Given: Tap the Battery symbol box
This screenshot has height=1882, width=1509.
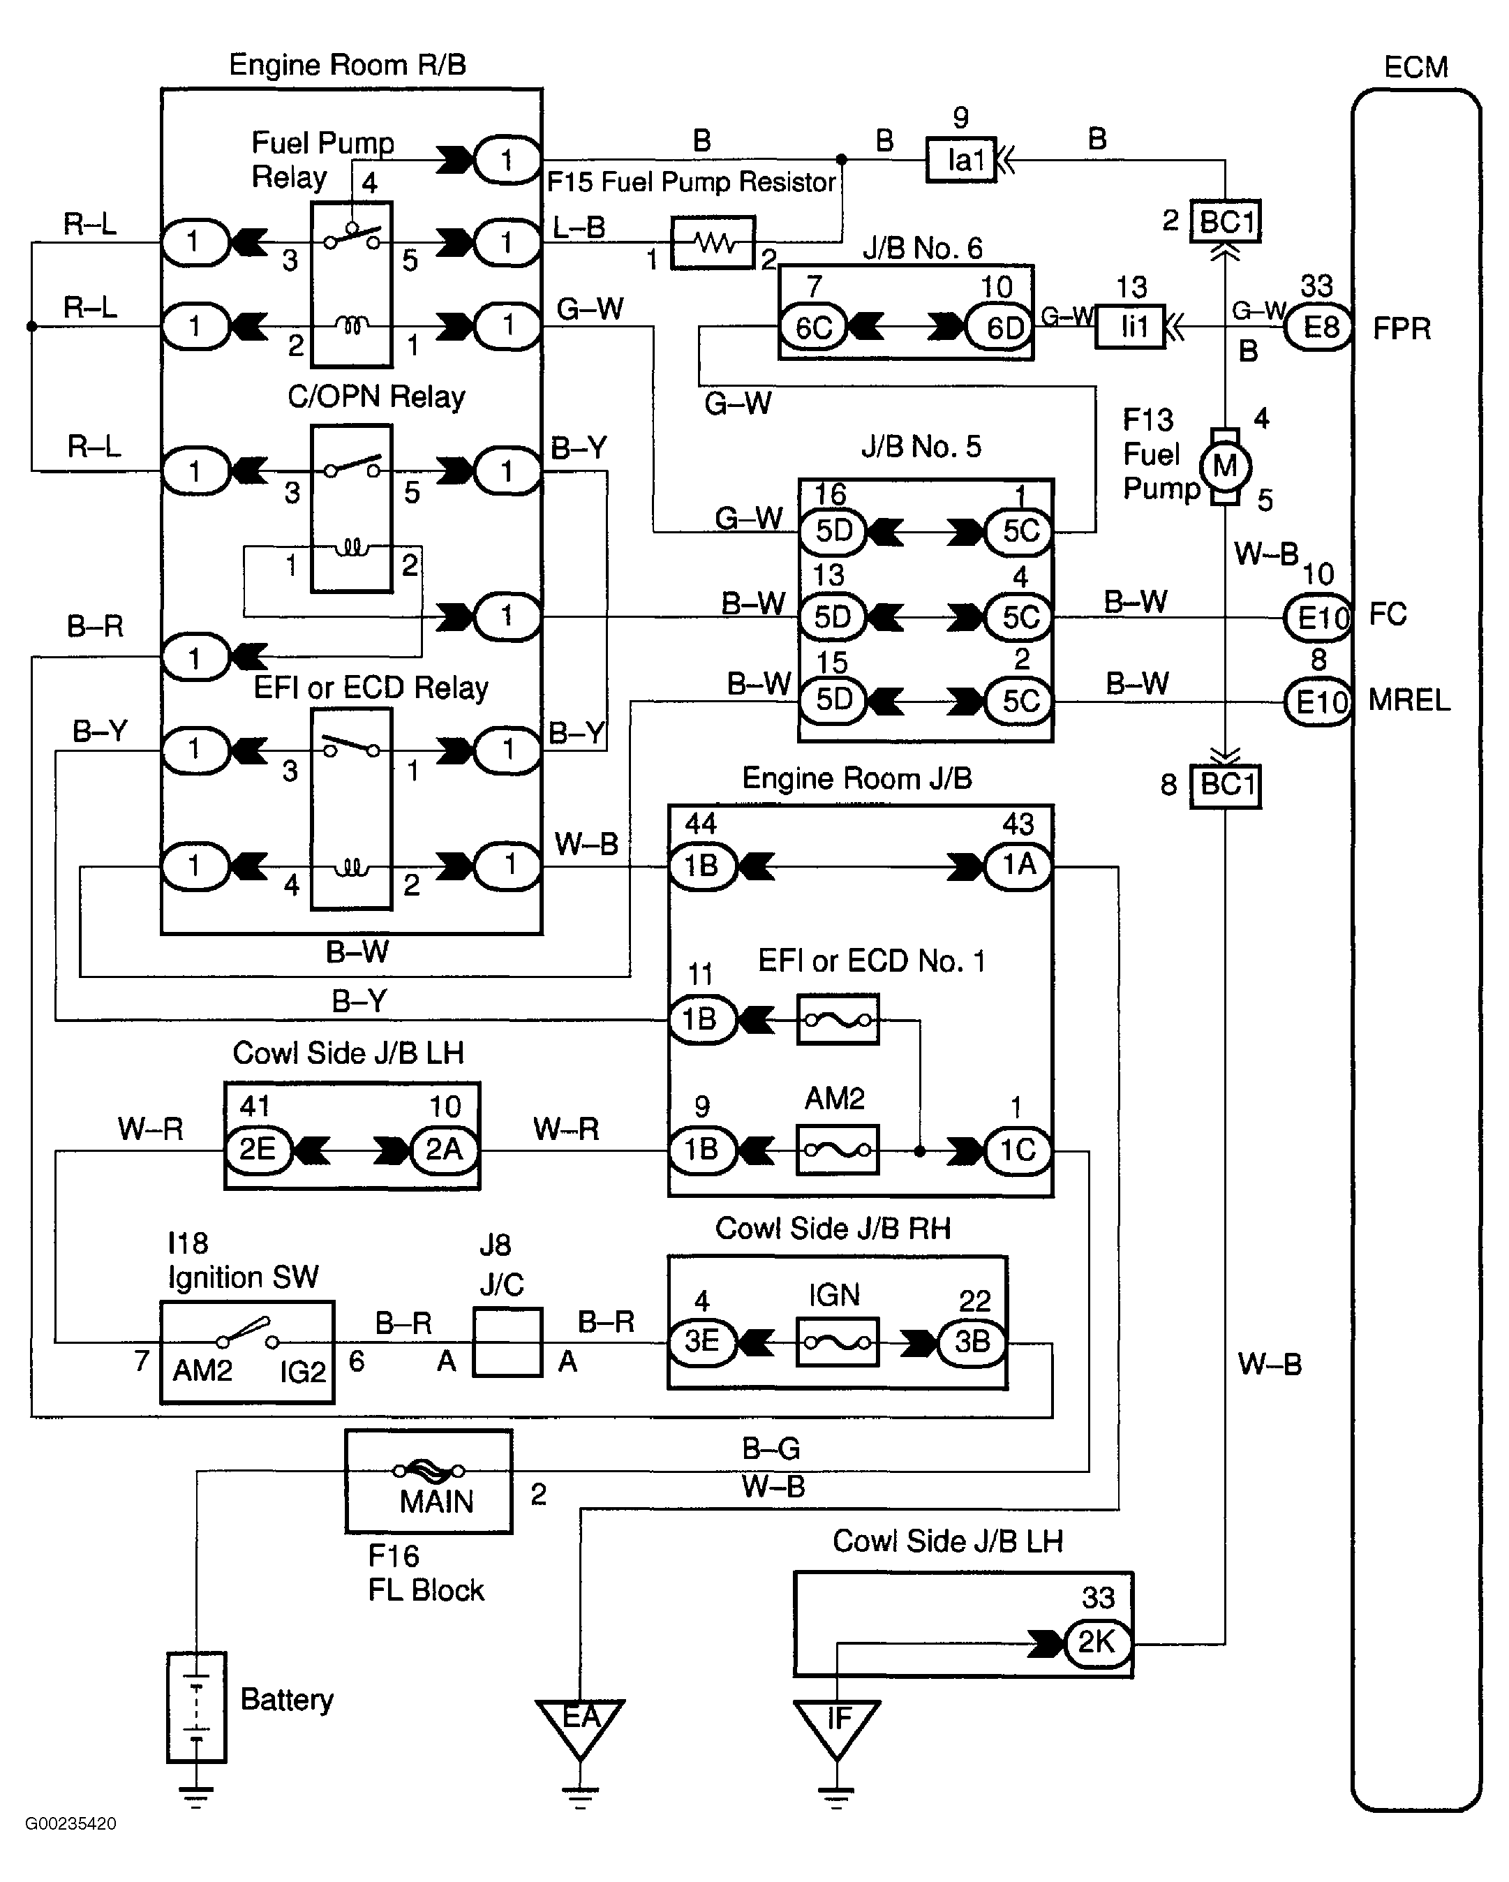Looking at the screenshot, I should [x=196, y=1707].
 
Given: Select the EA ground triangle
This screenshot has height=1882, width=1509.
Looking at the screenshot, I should [x=581, y=1724].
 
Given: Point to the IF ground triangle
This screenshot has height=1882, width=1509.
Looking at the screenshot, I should [x=836, y=1724].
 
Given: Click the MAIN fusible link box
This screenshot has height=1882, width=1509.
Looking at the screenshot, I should [x=429, y=1481].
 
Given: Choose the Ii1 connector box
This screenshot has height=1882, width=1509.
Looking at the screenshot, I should [x=1130, y=327].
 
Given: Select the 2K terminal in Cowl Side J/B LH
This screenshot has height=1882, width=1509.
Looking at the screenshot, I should [x=1097, y=1642].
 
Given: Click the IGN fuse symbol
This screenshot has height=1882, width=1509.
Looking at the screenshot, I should [x=837, y=1342].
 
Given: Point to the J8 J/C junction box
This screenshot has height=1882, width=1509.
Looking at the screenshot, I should [x=507, y=1342].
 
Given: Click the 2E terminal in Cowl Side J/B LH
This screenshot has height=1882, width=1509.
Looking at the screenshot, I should [x=258, y=1150].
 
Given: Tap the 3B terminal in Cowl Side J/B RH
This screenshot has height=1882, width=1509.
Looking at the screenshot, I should [x=972, y=1342].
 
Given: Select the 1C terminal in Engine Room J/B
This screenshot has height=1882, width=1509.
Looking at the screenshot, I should [x=1018, y=1150].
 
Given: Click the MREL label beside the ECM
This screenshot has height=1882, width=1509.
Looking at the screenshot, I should [x=1408, y=700].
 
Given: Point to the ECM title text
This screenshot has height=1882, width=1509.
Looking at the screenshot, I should [x=1415, y=67].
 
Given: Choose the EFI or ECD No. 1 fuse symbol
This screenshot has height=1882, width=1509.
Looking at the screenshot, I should [x=838, y=1018].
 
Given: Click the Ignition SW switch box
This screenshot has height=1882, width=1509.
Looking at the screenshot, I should [x=247, y=1351].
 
